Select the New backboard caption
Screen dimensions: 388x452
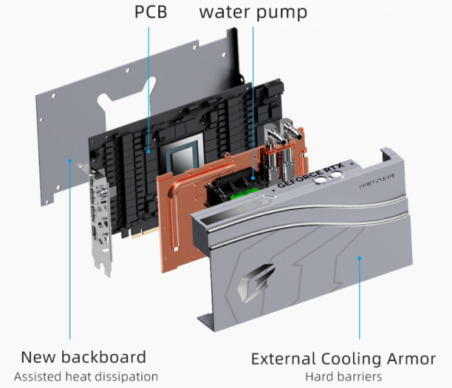(83, 356)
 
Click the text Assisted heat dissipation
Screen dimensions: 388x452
(85, 377)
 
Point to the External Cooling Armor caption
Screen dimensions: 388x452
(343, 358)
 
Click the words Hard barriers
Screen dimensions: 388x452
(343, 377)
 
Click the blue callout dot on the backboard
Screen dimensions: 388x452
(70, 161)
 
